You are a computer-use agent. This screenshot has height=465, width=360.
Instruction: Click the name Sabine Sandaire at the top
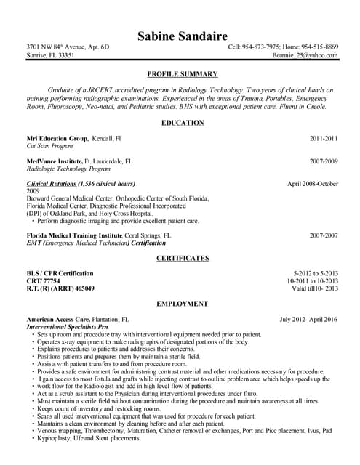point(182,36)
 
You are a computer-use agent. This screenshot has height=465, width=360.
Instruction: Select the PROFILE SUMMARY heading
point(182,74)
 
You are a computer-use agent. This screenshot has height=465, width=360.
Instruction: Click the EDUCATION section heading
point(182,123)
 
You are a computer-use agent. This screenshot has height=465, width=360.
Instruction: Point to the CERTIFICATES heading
point(182,258)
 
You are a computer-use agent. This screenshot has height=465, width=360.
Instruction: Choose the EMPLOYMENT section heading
point(182,304)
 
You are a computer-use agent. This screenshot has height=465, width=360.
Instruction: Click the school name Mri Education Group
point(57,137)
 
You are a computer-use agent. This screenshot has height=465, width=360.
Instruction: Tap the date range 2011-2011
point(324,137)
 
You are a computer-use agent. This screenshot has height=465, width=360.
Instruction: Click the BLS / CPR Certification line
point(60,273)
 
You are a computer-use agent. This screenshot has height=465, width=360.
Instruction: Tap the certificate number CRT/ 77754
point(43,280)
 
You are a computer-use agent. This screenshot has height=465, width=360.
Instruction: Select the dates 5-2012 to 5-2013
point(316,273)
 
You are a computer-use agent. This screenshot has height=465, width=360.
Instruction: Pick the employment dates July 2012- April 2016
point(308,319)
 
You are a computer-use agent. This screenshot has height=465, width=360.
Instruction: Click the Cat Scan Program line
point(50,145)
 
